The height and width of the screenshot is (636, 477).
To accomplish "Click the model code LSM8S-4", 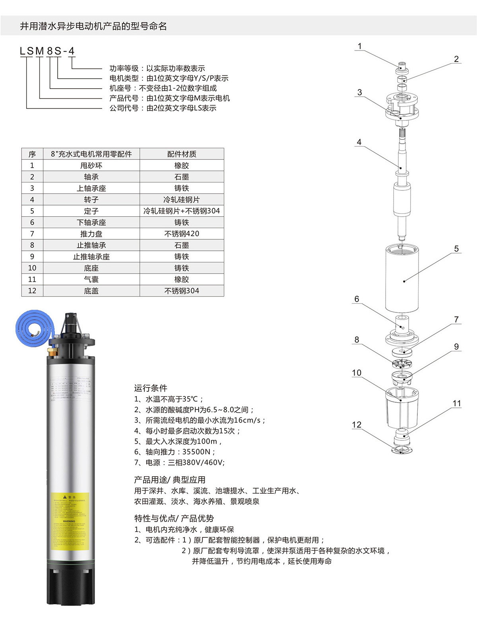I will (x=47, y=51).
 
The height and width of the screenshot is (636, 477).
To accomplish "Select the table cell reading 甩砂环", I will (x=91, y=165).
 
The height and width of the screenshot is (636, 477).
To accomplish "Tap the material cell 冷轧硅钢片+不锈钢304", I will (x=182, y=211).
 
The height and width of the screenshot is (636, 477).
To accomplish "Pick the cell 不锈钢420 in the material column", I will (x=182, y=234).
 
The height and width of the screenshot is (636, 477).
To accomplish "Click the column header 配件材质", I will (x=182, y=154).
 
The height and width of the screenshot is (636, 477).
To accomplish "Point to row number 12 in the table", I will (x=32, y=291).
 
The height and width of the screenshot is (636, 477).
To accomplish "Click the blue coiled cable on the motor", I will (x=33, y=327).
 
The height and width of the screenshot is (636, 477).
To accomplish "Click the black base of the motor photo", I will (x=71, y=584).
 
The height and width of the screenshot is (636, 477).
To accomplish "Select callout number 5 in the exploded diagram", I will (x=456, y=249).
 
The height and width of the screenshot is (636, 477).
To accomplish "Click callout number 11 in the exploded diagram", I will (x=456, y=403).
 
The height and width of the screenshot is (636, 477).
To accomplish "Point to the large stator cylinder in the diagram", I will (x=402, y=278).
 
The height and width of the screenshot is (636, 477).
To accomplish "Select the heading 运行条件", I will (x=151, y=388).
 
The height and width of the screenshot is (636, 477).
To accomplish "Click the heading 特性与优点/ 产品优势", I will (x=174, y=518).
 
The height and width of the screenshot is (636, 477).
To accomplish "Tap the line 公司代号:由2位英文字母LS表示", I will (x=163, y=108).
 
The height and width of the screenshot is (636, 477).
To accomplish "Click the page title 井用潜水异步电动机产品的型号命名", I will (x=93, y=27).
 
